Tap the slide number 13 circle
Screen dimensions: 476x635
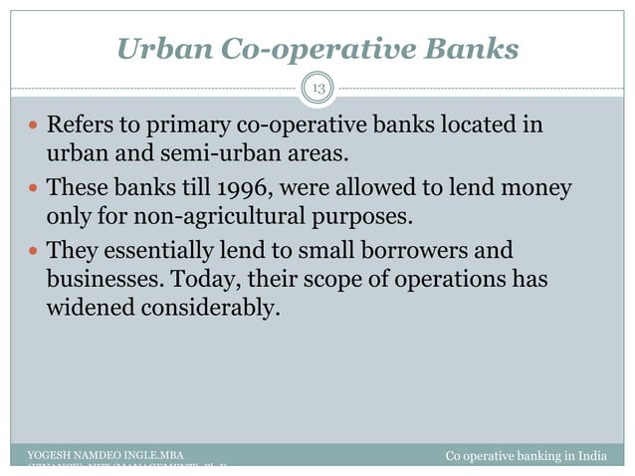pos(318,89)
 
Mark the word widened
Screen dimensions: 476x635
pos(92,308)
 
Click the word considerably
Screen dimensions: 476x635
pos(212,308)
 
